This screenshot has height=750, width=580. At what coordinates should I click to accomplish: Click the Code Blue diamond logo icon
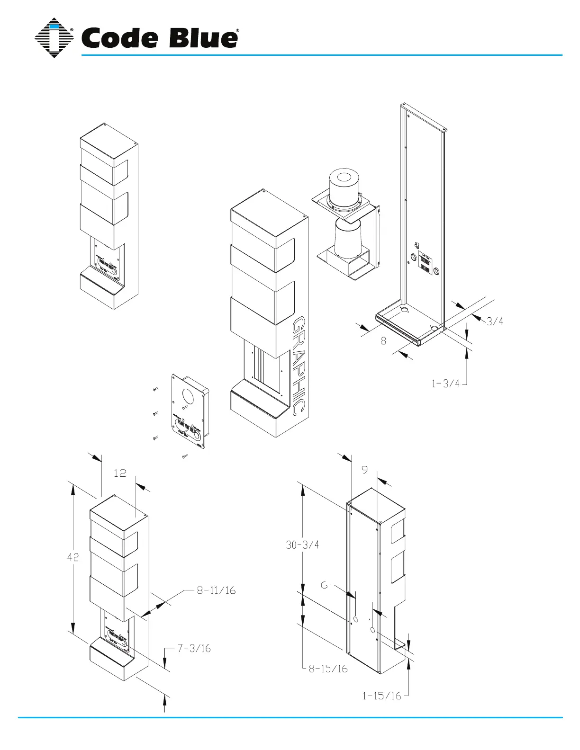point(54,38)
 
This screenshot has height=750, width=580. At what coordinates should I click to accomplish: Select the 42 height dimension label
point(73,557)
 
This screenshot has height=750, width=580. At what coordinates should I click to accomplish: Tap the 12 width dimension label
point(120,473)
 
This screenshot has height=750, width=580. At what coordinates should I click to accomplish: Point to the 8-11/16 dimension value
point(216,590)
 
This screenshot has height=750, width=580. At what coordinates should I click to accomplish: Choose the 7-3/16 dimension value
point(194,648)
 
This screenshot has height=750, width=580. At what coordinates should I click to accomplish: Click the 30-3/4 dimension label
point(302,545)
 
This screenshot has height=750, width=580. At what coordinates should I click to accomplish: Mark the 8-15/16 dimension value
point(328,669)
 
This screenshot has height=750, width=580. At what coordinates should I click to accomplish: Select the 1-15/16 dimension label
point(382,696)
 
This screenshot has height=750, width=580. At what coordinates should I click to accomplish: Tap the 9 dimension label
point(364,470)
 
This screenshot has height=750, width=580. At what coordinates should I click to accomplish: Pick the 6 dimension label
point(324,585)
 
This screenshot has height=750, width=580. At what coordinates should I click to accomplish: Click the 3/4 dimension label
point(495,321)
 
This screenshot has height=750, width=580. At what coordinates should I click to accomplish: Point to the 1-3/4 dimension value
point(445,384)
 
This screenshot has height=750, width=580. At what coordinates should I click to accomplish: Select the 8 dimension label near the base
point(383,340)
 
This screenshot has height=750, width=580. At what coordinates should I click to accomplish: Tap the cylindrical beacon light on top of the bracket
point(344,187)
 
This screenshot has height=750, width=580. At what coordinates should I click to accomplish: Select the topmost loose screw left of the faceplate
point(155,389)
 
